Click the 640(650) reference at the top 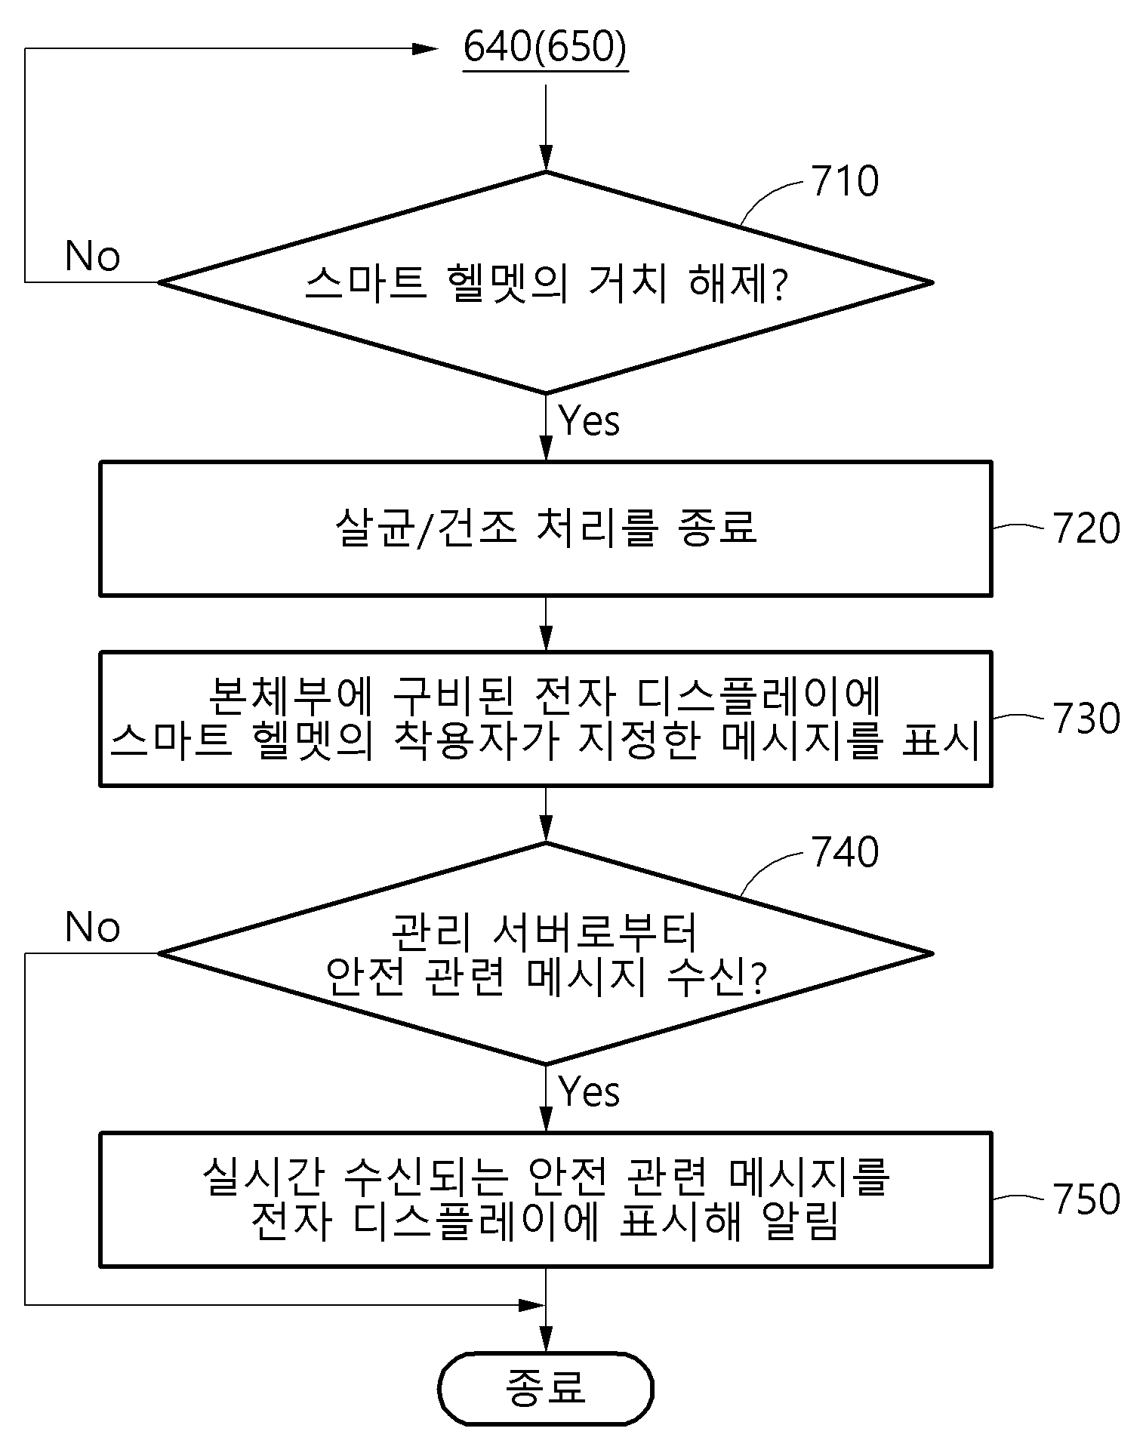tap(545, 48)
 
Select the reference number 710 tap(845, 181)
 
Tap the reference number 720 tap(1086, 528)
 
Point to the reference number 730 tap(1086, 718)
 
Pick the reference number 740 tap(845, 852)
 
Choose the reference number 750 tap(1086, 1199)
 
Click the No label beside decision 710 tap(92, 256)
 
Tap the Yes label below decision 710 tap(590, 420)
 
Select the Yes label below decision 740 tap(590, 1091)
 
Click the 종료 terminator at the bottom tap(545, 1389)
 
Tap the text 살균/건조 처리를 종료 tap(545, 528)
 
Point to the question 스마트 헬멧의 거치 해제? tap(546, 284)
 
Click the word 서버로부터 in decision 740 tap(594, 933)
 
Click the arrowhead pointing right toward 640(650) tap(424, 49)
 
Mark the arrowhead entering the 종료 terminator tap(546, 1338)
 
